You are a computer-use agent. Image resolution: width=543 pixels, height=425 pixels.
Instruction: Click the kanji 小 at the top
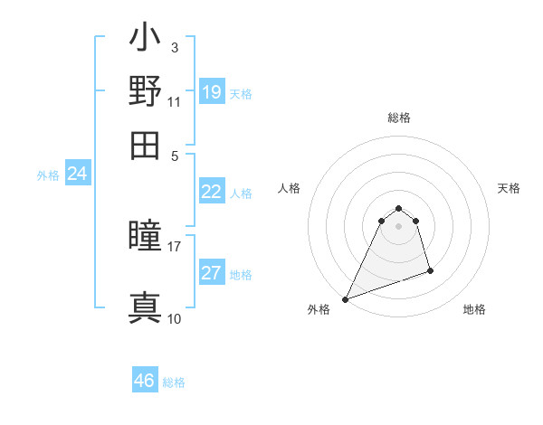point(145,41)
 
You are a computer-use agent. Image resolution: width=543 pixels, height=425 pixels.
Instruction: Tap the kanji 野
point(145,92)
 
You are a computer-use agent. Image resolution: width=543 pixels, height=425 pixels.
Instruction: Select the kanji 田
point(145,146)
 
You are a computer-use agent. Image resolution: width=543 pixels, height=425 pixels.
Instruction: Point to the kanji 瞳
point(145,236)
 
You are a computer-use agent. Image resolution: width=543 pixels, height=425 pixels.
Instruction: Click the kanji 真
point(145,307)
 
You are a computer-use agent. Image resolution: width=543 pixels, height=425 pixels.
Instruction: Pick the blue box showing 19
point(212,91)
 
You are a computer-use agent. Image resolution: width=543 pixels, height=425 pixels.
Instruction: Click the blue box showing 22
point(212,192)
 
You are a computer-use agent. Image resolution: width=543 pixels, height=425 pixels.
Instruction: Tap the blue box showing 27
point(212,273)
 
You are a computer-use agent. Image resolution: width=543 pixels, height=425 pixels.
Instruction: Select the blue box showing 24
point(77,174)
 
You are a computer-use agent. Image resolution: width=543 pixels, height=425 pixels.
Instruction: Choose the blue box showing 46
point(145,381)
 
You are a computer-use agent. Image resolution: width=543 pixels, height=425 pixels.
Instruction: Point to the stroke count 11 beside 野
point(175,102)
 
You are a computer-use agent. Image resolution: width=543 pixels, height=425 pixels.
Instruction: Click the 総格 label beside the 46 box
point(174,382)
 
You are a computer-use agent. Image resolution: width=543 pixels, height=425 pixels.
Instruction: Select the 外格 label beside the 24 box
point(48,175)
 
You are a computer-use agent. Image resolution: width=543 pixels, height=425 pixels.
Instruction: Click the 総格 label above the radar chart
point(399,118)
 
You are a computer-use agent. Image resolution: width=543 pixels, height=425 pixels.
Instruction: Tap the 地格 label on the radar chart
point(474,309)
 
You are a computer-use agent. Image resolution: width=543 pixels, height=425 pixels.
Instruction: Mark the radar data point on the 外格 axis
point(346,299)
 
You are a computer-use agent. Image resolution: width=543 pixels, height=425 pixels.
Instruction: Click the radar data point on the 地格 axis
point(430,270)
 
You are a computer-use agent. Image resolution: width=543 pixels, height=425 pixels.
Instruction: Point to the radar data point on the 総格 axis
point(399,208)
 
